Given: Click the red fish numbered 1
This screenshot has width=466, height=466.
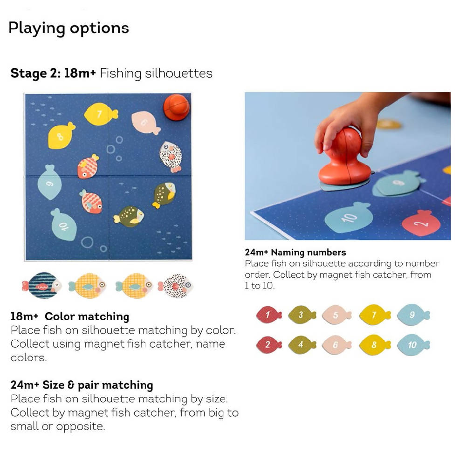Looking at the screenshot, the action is (x=269, y=315).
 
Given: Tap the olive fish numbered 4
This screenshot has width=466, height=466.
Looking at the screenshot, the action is (x=302, y=345).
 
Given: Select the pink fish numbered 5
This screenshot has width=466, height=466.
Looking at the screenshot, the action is (x=337, y=315).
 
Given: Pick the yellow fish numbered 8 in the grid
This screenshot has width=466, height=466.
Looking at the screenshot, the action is (x=375, y=345).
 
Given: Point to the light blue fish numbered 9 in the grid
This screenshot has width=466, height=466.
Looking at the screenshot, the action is (x=413, y=315).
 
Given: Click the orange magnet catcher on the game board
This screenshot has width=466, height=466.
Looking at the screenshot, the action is (x=176, y=107).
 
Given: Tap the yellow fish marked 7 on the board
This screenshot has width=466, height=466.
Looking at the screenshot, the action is (x=101, y=114).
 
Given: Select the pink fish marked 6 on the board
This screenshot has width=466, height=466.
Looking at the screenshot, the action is (x=145, y=123).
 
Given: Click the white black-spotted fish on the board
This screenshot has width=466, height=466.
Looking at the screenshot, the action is (x=171, y=156).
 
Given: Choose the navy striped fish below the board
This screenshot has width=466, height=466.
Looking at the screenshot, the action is (x=41, y=286).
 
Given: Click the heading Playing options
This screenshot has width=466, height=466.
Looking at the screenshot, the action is (x=69, y=28).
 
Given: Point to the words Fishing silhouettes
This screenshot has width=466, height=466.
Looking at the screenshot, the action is (x=156, y=74).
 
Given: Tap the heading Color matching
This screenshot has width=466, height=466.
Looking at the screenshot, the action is (x=87, y=316).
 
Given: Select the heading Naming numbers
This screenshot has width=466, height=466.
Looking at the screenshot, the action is (x=308, y=252).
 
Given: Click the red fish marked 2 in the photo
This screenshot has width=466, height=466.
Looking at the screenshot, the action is (x=421, y=223).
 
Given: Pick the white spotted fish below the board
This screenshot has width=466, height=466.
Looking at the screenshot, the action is (x=175, y=286).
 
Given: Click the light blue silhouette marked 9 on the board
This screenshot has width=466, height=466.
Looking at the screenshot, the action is (x=50, y=182).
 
